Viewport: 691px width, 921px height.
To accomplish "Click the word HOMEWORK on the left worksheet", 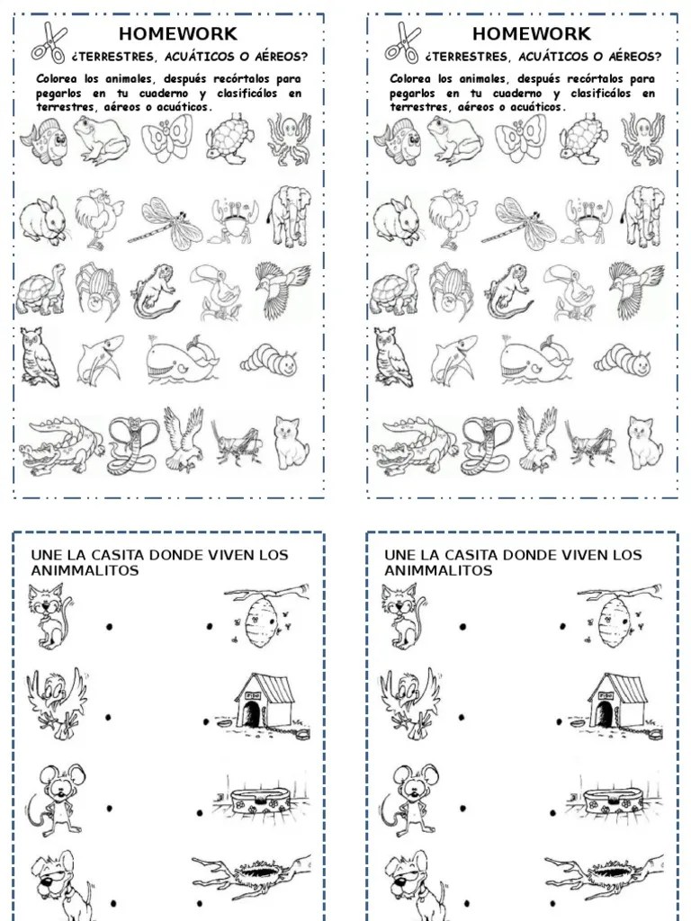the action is coord(178,34).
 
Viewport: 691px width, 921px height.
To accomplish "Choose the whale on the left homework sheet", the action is coord(182,360).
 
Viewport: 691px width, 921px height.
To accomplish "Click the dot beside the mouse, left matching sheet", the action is coord(109,809).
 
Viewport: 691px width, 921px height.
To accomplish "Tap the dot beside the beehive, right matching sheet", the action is coord(562,626).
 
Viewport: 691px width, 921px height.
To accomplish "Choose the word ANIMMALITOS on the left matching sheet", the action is coord(85,570).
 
